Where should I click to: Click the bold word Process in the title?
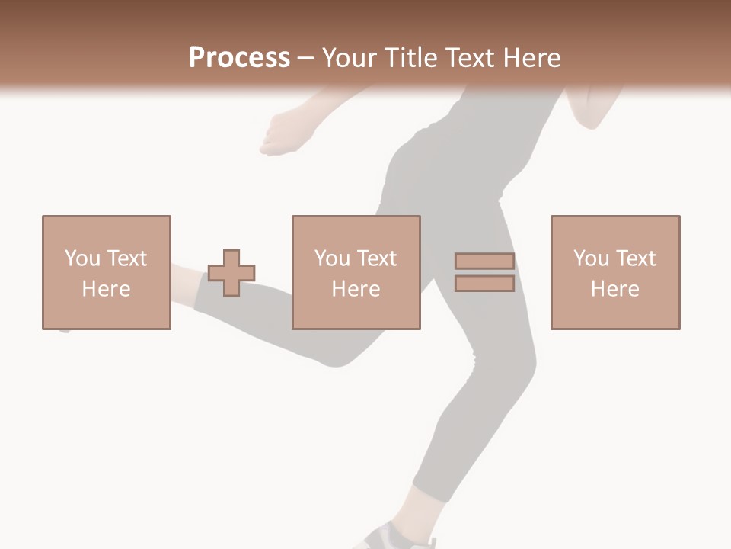tap(239, 58)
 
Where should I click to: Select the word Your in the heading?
tap(350, 58)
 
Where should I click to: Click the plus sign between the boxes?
tap(231, 273)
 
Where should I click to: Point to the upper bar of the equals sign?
tap(484, 261)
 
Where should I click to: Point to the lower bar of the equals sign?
tap(484, 284)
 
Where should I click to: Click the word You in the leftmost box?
tap(82, 258)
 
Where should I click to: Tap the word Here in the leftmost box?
tap(106, 289)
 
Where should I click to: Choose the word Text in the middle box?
tap(376, 258)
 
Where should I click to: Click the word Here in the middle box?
tap(356, 289)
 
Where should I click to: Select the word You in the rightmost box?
tap(591, 258)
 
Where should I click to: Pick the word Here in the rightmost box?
tap(614, 289)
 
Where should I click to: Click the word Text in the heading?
tap(471, 58)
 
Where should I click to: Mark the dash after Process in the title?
tap(306, 59)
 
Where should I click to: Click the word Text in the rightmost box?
tap(635, 258)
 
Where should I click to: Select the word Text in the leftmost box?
tap(126, 258)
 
